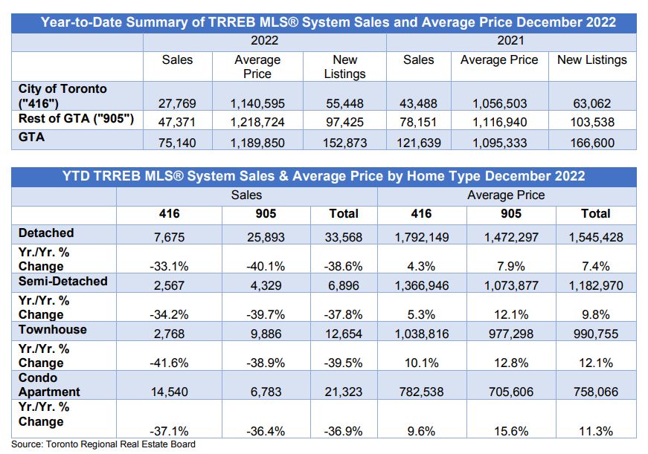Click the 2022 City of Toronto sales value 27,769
[177, 103]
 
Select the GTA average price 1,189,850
[257, 143]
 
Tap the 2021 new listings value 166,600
[592, 143]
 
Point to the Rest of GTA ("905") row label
[76, 119]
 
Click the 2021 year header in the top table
[511, 40]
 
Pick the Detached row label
[46, 233]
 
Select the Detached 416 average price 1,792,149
[422, 237]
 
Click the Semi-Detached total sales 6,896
[344, 285]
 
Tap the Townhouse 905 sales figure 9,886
[266, 334]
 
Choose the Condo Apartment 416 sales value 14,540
[170, 392]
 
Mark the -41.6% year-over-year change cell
[169, 363]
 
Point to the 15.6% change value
[511, 431]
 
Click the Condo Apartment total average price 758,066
[595, 392]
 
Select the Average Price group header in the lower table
[506, 195]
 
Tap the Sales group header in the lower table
[246, 195]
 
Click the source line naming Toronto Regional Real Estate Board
[103, 444]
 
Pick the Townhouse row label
[53, 329]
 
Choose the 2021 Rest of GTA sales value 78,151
[418, 122]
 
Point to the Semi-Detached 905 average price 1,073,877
[511, 285]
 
